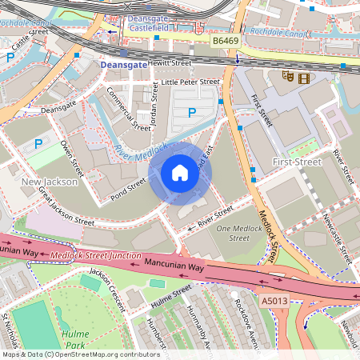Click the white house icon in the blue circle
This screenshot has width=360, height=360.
click(180, 173)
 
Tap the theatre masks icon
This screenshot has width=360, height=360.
click(287, 78)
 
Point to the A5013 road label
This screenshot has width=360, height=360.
click(275, 301)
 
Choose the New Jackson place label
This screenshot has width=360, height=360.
click(49, 182)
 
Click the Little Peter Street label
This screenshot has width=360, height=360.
click(190, 82)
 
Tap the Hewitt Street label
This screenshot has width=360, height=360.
click(168, 62)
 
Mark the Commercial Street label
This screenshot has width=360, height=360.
click(129, 110)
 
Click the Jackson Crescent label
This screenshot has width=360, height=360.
click(108, 289)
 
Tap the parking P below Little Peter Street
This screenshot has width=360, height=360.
click(191, 113)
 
